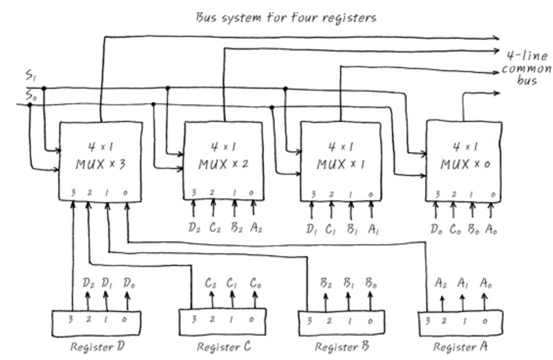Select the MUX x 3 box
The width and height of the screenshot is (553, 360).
point(100,162)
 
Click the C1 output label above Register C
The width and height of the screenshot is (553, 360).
point(233,283)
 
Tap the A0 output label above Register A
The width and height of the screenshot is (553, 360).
point(484,283)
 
